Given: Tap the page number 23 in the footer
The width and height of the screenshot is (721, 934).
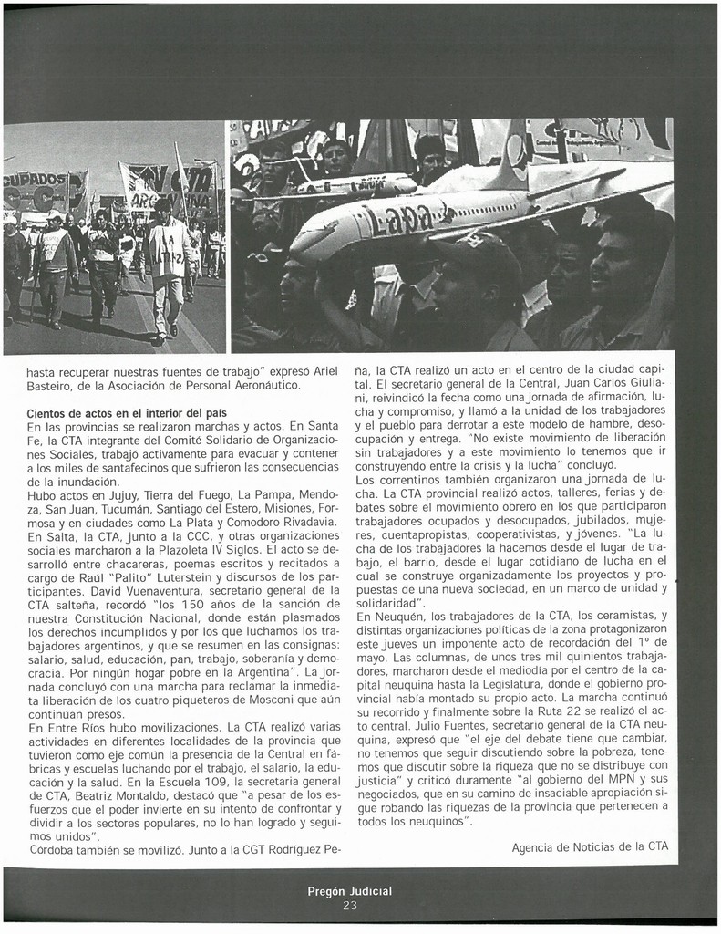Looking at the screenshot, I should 350,905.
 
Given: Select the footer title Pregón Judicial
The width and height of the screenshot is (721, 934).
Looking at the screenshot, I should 350,891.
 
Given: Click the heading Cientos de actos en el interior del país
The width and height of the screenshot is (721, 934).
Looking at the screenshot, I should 127,413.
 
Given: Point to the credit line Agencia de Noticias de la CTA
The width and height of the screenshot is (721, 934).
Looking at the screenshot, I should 590,846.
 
